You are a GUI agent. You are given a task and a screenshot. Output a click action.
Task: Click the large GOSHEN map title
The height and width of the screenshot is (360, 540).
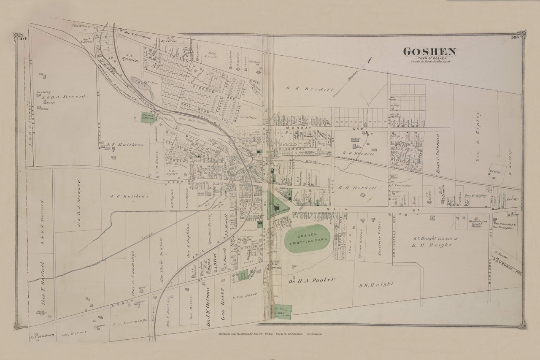(x=429, y=52)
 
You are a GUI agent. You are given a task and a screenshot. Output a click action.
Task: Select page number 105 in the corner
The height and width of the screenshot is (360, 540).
(x=518, y=38)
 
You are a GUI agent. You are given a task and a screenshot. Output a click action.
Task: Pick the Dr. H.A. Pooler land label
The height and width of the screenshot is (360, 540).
(x=312, y=280)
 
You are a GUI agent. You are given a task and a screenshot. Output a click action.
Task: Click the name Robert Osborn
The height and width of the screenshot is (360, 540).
(x=42, y=336)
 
